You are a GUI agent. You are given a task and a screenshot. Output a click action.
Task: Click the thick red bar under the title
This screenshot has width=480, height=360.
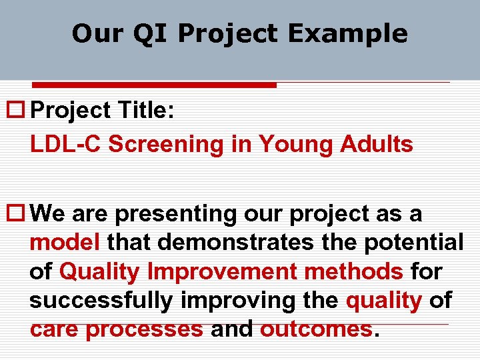click(154, 85)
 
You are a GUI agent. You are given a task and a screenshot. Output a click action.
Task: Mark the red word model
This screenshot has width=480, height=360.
click(65, 243)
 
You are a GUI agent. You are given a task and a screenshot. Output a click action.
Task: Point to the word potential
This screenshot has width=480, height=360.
click(413, 243)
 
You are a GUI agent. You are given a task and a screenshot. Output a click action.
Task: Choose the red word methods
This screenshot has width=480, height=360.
click(353, 272)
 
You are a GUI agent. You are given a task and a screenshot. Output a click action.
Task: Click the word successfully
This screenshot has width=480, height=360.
click(101, 301)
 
